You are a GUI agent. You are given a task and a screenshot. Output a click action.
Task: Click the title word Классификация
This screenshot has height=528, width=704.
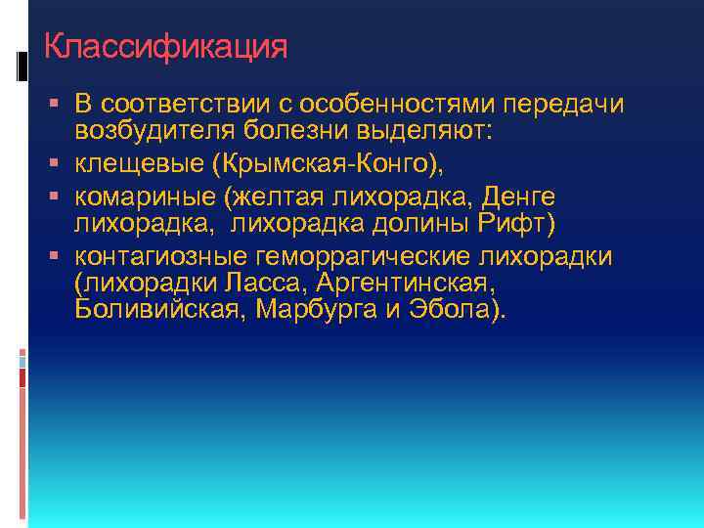(166, 46)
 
